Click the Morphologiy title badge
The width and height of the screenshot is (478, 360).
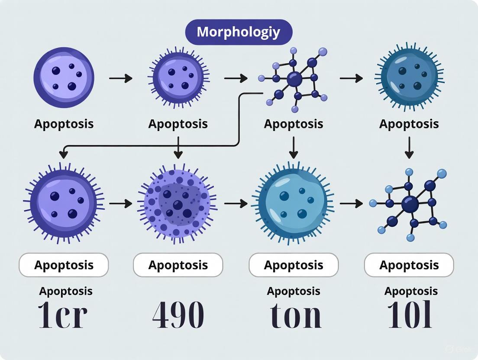tap(239, 32)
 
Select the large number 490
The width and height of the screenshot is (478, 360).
tap(178, 315)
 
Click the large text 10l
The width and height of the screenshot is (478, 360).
tap(410, 315)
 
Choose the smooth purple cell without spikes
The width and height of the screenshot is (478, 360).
tap(64, 78)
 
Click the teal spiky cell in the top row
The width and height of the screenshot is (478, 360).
tap(409, 78)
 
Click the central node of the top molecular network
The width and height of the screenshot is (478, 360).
tap(294, 79)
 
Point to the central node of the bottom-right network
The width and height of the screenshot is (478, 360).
tap(409, 203)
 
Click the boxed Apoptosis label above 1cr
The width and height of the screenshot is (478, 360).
tap(64, 265)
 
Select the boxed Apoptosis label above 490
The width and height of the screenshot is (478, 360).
tap(178, 265)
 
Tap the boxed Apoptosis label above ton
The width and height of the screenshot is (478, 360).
tap(294, 265)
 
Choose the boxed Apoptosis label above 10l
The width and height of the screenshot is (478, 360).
tap(409, 265)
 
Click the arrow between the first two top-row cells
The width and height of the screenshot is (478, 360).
tap(120, 78)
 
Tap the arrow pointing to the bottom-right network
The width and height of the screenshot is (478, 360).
tap(351, 202)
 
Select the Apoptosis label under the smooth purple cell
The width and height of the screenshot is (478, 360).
tap(64, 124)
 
